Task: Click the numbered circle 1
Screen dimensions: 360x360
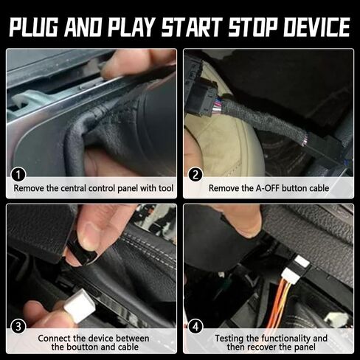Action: click(19, 175)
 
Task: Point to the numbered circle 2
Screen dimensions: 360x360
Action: click(196, 175)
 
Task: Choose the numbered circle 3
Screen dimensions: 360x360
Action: click(19, 325)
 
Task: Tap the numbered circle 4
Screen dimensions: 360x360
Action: click(196, 325)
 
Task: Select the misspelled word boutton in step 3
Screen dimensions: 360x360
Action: click(75, 347)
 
